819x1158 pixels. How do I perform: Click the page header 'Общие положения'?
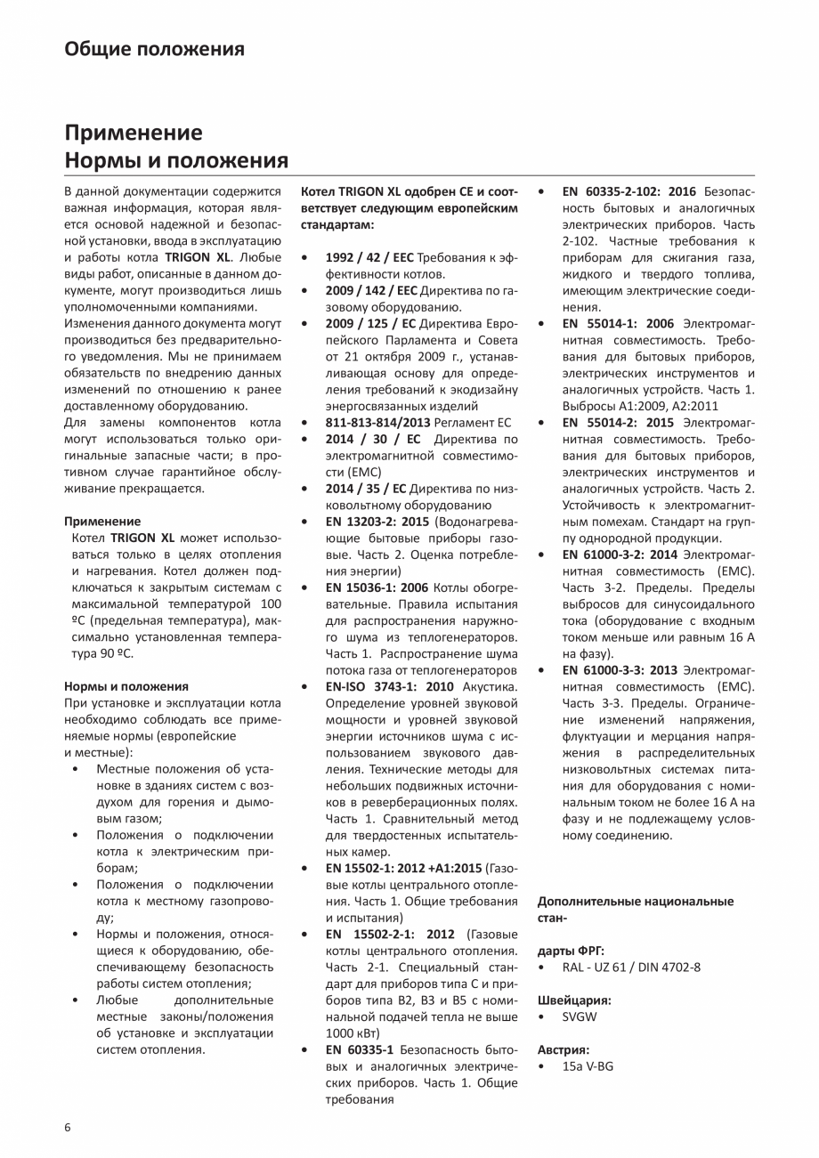pos(154,49)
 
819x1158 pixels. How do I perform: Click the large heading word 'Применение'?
pos(133,133)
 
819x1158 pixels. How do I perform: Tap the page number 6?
pos(68,1127)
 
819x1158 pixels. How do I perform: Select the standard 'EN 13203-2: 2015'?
pos(377,521)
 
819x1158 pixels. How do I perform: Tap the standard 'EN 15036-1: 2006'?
pos(377,587)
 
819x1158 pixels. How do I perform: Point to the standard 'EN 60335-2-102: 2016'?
pos(629,191)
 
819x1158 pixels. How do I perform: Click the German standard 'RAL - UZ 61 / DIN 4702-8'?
pos(631,967)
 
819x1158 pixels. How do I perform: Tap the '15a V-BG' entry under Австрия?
pos(587,1065)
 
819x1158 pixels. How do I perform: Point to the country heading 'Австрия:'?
pos(564,1049)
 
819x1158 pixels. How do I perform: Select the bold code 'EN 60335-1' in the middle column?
pos(360,1049)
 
